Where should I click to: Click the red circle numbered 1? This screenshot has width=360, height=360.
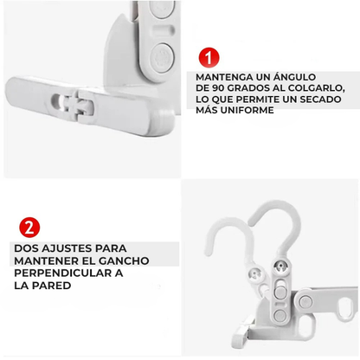tap(208, 59)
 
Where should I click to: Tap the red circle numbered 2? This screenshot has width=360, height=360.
tap(30, 228)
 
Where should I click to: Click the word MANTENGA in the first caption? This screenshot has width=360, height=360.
tap(225, 77)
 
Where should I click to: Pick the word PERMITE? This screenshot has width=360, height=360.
tap(263, 100)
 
